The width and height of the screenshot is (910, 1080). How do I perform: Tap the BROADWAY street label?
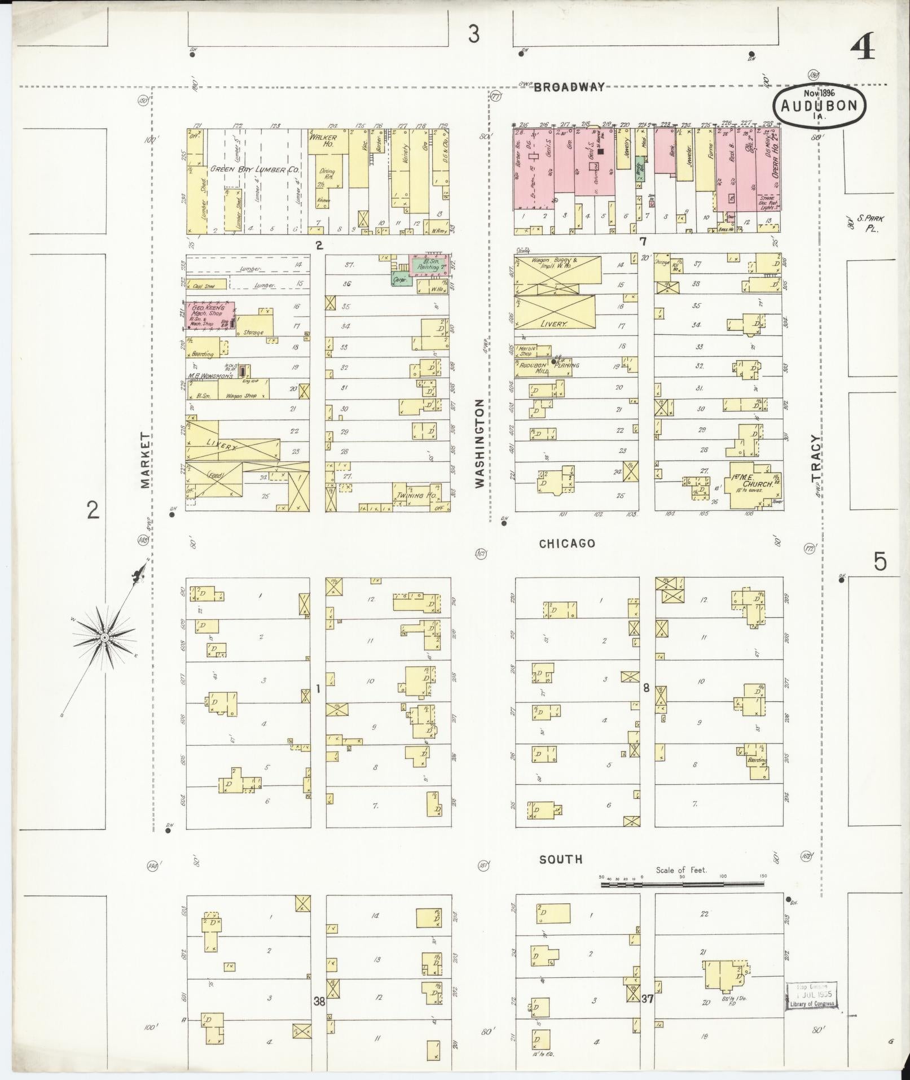(569, 87)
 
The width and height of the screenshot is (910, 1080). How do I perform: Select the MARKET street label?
(146, 460)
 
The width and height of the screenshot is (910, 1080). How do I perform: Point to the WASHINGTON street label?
(480, 443)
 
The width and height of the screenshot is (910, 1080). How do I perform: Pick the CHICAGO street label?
(566, 543)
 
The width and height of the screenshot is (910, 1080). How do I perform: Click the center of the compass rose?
(104, 638)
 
